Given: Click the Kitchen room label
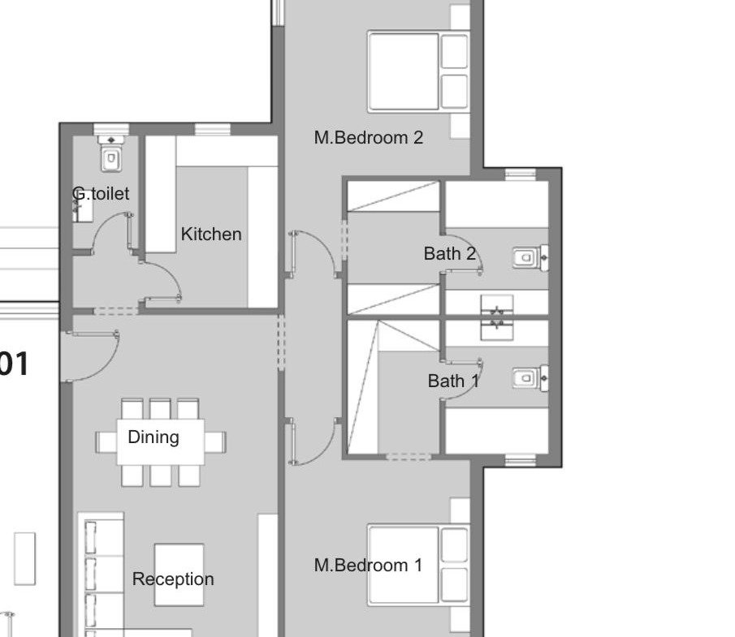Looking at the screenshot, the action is coord(211,235).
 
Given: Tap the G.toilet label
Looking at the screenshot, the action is coord(101,193).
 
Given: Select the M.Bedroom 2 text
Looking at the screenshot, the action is coord(369,137).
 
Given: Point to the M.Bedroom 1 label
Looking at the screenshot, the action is coord(368,565).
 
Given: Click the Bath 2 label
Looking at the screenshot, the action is coord(450,253).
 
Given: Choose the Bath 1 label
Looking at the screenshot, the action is coord(453,381).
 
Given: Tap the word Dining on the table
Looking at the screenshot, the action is coord(153,437).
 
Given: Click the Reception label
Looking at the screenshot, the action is coord(173,579).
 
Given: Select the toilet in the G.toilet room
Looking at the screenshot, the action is coord(111,153).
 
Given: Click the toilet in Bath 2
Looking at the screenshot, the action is coord(530,257).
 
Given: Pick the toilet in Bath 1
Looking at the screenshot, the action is coord(530,378).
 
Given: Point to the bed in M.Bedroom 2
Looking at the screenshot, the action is coord(418,71).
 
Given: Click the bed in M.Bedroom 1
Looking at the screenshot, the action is coord(418,565).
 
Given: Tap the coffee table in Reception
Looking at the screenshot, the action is coord(179,575).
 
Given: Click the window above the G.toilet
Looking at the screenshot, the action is coord(111,129).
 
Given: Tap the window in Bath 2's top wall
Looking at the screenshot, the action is coord(521,174).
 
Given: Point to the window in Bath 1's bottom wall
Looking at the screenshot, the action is coord(521,460).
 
